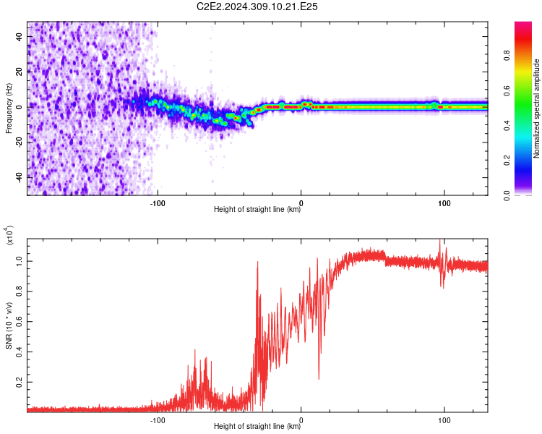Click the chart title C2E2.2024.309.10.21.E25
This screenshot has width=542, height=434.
[x=257, y=7]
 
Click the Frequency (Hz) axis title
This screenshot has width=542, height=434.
[x=9, y=109]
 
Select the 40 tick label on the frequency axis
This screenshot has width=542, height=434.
[x=19, y=36]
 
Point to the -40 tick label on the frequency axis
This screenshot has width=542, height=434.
[x=19, y=178]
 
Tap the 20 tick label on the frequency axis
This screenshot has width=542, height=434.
[x=19, y=72]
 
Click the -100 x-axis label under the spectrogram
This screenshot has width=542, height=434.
[x=158, y=203]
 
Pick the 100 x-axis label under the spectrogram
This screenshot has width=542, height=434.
[x=444, y=203]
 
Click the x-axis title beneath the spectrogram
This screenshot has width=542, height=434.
[x=257, y=209]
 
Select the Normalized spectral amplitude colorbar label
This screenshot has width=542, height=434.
[x=536, y=109]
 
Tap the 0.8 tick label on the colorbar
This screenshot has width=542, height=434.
[x=507, y=56]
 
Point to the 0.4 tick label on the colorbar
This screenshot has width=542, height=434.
[x=507, y=126]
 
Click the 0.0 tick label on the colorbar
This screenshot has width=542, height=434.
[x=507, y=195]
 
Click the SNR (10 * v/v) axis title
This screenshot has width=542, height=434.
[x=9, y=325]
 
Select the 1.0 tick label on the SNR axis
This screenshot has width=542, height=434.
[x=19, y=261]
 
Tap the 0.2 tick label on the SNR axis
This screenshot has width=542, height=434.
[x=19, y=382]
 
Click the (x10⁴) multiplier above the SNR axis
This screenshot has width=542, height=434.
[x=9, y=235]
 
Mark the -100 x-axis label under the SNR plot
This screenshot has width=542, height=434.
[x=158, y=420]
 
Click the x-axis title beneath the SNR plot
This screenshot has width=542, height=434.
[x=257, y=426]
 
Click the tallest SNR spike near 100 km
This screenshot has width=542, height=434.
[x=440, y=240]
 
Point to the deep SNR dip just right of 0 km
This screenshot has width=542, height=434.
[x=319, y=378]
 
